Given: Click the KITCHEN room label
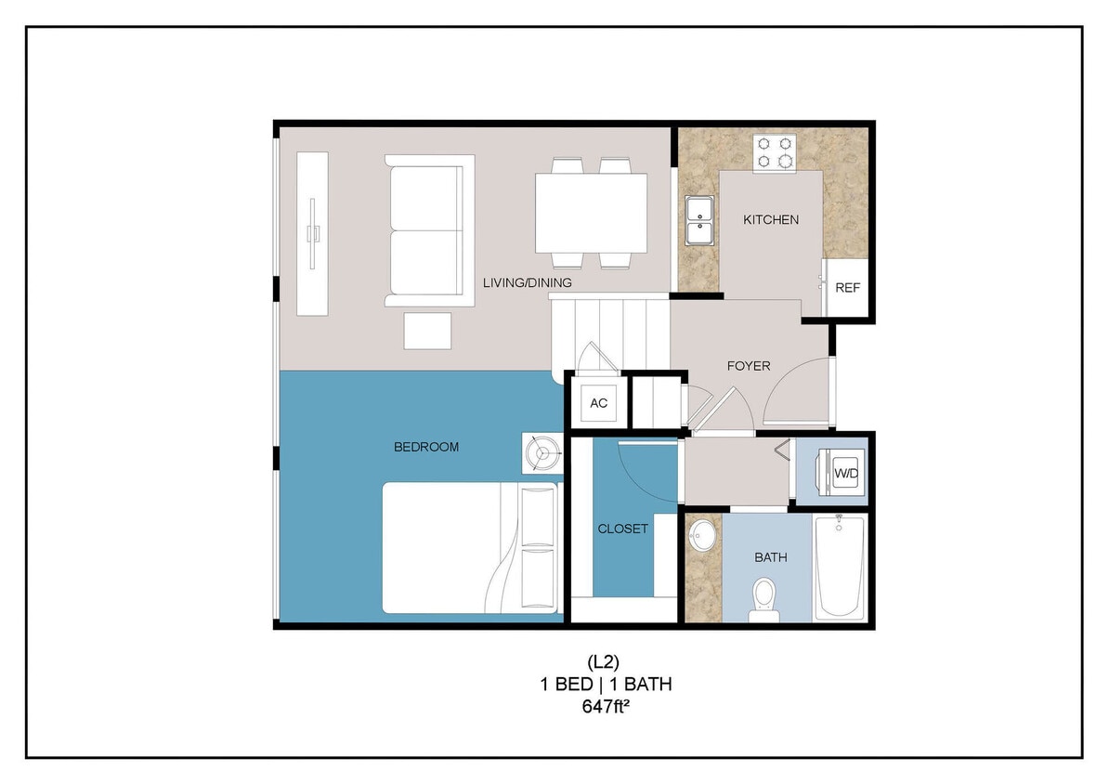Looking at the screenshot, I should [771, 220].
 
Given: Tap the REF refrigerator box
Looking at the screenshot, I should [847, 288].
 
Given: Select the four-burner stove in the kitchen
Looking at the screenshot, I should [775, 152].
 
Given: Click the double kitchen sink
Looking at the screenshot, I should [698, 219].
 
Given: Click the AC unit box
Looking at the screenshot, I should [598, 403].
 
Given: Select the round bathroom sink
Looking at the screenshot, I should [702, 536].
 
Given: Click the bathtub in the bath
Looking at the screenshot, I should [840, 566].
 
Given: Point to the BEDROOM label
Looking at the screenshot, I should [426, 447].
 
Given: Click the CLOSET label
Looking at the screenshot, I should [622, 529].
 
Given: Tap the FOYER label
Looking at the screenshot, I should [749, 366].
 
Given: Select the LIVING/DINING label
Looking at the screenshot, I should [527, 282].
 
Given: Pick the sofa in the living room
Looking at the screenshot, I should [429, 230].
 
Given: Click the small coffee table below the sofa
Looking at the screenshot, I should [427, 331].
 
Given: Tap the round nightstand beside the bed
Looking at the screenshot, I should [540, 452].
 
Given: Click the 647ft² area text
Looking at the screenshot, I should [605, 707].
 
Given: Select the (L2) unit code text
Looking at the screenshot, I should [605, 662].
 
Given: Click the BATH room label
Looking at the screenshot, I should [771, 557].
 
